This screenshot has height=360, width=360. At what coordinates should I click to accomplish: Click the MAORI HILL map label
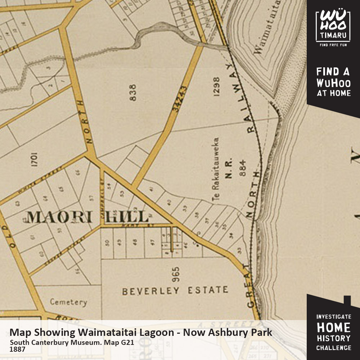coord(87,217)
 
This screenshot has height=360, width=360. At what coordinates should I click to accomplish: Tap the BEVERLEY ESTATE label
coord(175,291)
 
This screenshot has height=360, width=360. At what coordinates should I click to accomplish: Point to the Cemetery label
coord(68,302)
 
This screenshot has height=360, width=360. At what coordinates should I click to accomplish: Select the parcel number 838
coord(133,93)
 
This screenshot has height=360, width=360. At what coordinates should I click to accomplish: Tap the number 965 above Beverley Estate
coord(175,274)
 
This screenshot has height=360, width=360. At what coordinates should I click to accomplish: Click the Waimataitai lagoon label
coord(266,27)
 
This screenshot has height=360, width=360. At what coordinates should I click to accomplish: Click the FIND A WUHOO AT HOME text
coord(333,82)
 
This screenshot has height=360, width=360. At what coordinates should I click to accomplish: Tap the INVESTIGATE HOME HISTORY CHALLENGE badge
coord(333,332)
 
